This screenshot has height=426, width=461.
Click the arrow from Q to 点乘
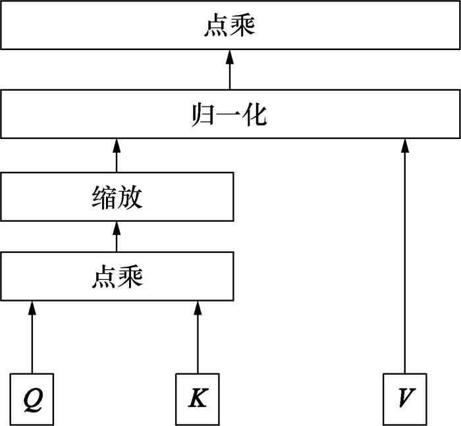pos(32,337)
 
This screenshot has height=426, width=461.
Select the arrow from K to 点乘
pos(198,337)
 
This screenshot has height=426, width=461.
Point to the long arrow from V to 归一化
pos(405,256)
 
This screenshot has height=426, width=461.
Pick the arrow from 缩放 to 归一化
pos(117,155)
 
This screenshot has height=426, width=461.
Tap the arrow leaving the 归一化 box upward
pos(230,70)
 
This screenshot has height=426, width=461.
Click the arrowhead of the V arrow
pos(405,146)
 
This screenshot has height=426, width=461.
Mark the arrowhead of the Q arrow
pos(32,307)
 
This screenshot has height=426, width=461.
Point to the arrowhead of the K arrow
pos(198,307)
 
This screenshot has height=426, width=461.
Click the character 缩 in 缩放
pos(104,198)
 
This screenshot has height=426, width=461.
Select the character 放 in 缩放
pos(130,198)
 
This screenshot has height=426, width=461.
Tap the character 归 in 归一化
pos(202,115)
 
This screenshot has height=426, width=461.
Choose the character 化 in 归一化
pos(255,115)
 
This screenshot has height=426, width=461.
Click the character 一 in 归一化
pos(228,115)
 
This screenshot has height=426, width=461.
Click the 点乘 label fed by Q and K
pos(117,277)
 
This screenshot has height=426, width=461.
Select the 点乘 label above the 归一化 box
pos(230,25)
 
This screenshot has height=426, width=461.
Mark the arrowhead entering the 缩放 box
pos(117,228)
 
